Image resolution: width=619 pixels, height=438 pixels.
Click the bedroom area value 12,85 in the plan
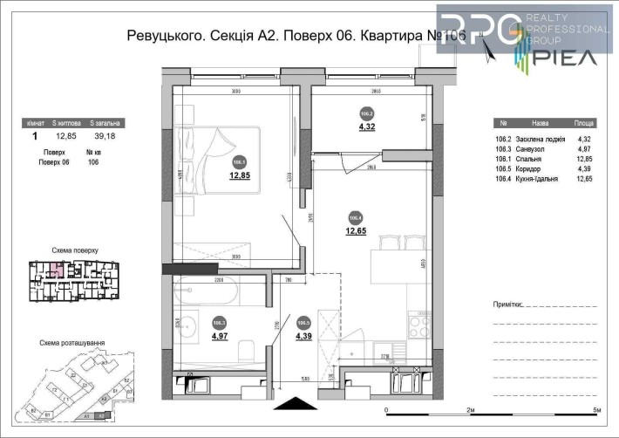(240, 174)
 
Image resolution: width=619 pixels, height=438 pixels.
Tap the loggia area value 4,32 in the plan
(367, 126)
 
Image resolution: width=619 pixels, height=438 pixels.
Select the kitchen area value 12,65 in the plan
(356, 230)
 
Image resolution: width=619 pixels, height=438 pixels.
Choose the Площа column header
(584, 124)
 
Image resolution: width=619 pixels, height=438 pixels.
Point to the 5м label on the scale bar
(595, 409)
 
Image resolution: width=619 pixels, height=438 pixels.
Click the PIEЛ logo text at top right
(568, 58)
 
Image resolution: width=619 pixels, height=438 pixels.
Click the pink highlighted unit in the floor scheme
(56, 269)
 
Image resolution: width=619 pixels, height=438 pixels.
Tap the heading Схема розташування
(72, 343)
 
